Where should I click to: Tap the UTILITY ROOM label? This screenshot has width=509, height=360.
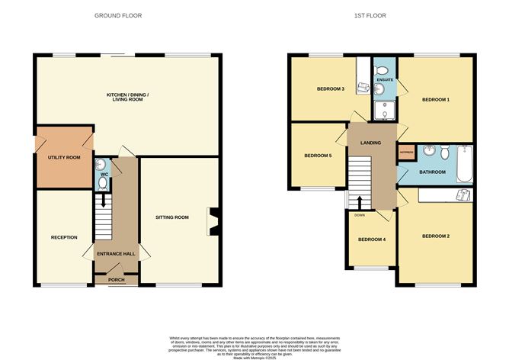[64, 157]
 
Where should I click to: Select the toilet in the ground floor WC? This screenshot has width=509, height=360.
[101, 165]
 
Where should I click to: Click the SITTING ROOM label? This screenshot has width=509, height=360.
[171, 217]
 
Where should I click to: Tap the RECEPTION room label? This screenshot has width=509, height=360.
[64, 237]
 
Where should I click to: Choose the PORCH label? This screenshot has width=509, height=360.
[116, 280]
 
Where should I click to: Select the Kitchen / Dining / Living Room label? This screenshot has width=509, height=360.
[127, 97]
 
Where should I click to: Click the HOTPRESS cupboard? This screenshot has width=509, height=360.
[405, 152]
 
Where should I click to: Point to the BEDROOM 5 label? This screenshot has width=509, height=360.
[318, 156]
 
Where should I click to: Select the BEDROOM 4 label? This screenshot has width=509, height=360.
[372, 239]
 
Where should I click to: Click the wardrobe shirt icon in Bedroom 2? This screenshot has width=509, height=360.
[462, 195]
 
